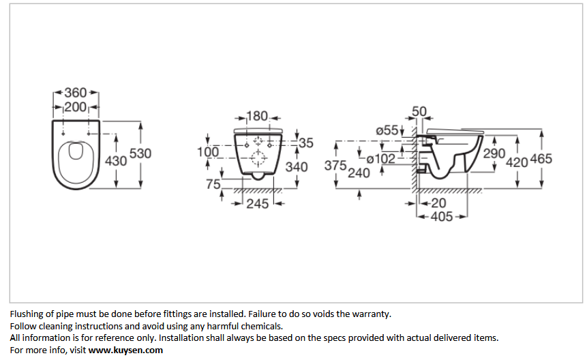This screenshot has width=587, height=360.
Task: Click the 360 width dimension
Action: point(76,93)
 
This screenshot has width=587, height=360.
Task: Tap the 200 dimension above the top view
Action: point(76,107)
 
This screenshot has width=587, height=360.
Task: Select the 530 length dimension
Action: point(140,153)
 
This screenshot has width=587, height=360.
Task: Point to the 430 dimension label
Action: point(116,161)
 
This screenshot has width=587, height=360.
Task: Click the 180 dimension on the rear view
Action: point(257,116)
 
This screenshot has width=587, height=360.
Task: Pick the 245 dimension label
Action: point(258,204)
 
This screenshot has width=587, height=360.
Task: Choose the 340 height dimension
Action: point(297,167)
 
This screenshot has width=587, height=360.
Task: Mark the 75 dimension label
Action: point(213,184)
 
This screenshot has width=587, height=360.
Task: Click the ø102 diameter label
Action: point(380,159)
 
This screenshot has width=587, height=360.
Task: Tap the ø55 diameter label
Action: point(387,130)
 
